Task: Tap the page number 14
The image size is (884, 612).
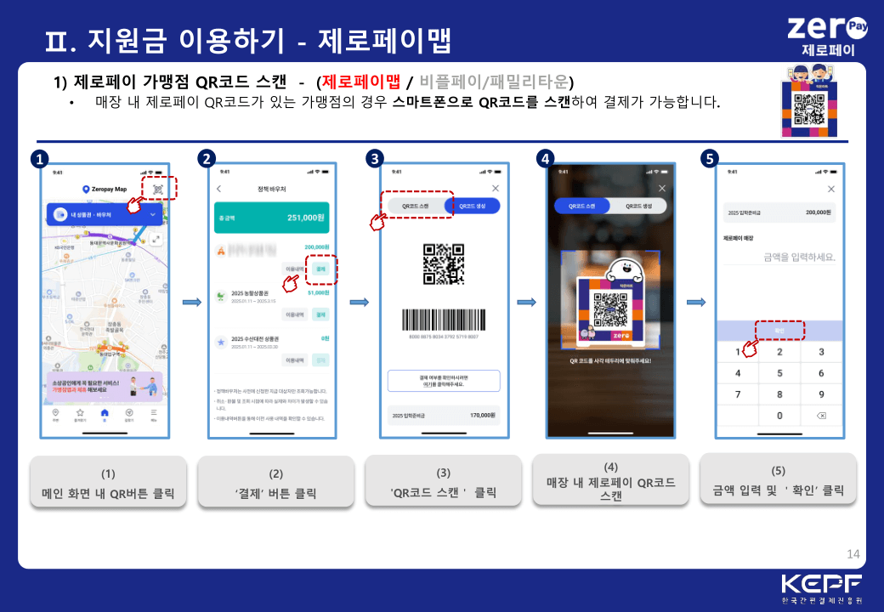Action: tap(853, 555)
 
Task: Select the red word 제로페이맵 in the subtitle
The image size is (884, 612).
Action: tap(360, 82)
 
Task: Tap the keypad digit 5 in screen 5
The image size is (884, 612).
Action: tap(779, 373)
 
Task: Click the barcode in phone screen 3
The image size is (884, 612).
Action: tap(443, 319)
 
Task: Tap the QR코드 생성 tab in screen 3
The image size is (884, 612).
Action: tap(472, 206)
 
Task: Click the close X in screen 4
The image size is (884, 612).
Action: tap(662, 188)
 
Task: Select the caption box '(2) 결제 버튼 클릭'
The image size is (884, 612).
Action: tap(275, 483)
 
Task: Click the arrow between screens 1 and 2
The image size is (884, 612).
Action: tap(191, 302)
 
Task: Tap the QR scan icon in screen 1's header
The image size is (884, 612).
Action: tap(158, 189)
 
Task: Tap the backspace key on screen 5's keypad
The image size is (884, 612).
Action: tap(820, 416)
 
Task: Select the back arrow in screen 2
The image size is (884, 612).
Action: tap(219, 189)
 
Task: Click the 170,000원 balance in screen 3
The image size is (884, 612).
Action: tap(484, 416)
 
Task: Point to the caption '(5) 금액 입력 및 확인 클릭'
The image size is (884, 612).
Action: tap(778, 481)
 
